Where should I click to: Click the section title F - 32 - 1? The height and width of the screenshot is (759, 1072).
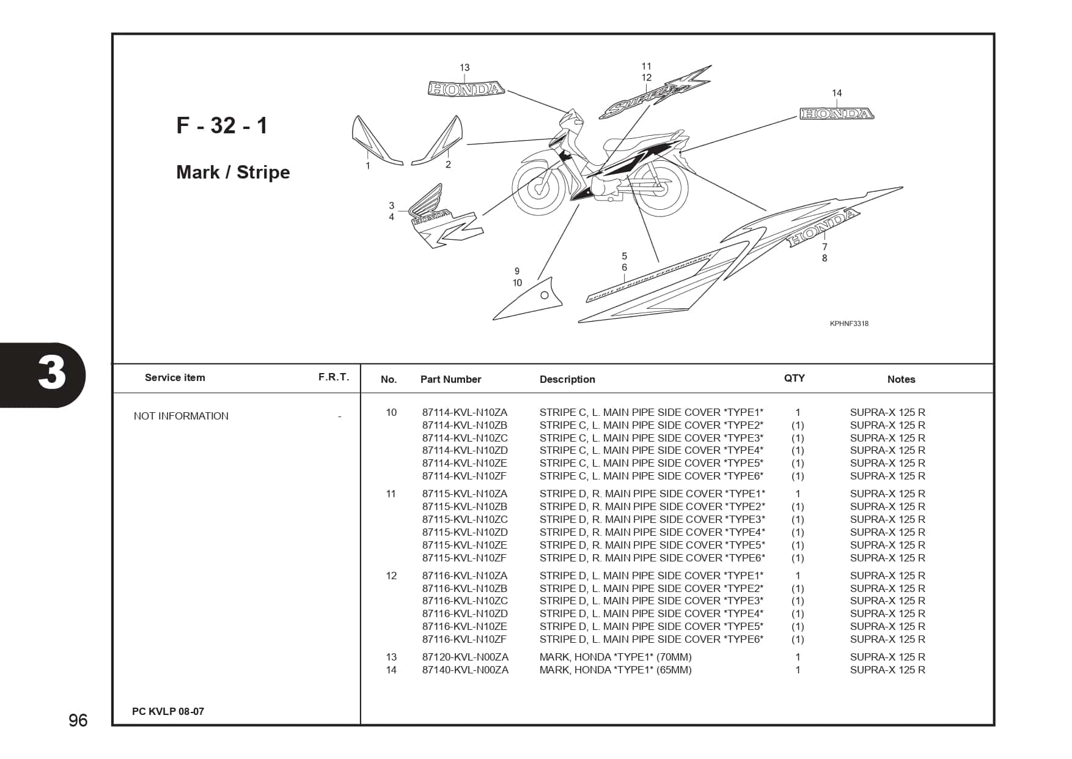[x=222, y=125]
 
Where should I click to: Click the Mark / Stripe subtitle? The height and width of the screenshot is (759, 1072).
[x=233, y=172]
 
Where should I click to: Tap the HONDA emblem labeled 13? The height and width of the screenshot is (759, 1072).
[x=466, y=89]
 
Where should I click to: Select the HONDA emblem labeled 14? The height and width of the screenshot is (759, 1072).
[x=836, y=114]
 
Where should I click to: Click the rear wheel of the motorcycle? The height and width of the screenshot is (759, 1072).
[x=662, y=187]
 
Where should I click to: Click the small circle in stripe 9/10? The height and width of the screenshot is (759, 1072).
[x=545, y=295]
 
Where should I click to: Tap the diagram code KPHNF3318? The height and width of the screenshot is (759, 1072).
[x=849, y=324]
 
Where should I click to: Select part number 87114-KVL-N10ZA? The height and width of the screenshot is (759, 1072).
[x=464, y=413]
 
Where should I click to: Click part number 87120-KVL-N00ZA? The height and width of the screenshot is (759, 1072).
[x=465, y=657]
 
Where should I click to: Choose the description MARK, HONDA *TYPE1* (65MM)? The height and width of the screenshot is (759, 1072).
[x=615, y=670]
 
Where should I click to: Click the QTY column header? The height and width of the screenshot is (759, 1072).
[x=795, y=378]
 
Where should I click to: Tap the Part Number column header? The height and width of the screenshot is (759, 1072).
[x=450, y=379]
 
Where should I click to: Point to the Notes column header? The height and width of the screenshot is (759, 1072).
[x=901, y=379]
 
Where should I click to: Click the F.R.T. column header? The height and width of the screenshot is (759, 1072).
[x=334, y=377]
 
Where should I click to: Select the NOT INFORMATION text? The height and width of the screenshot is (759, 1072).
[x=181, y=416]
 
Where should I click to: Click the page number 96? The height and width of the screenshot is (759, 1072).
[x=78, y=720]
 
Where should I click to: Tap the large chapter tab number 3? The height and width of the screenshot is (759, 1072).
[x=52, y=374]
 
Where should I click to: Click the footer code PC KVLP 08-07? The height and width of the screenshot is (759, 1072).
[x=168, y=711]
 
